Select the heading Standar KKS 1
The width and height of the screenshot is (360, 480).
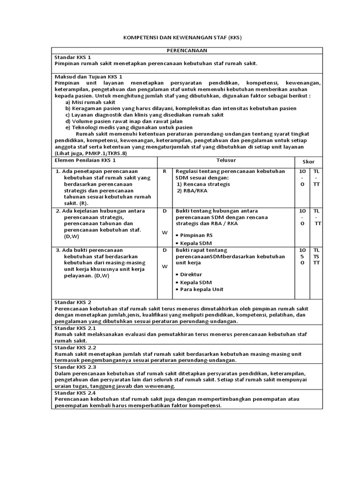click(73, 57)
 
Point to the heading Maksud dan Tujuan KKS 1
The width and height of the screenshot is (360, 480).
click(89, 76)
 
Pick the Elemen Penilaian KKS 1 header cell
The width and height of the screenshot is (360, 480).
click(85, 160)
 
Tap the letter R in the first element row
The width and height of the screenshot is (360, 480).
click(165, 172)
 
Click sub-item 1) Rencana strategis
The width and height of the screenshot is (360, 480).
click(203, 184)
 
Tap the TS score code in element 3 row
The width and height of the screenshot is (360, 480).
click(316, 256)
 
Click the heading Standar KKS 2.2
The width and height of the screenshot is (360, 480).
click(75, 348)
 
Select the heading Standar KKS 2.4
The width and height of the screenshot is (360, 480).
click(75, 392)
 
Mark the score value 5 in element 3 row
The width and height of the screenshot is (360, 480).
click(302, 256)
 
